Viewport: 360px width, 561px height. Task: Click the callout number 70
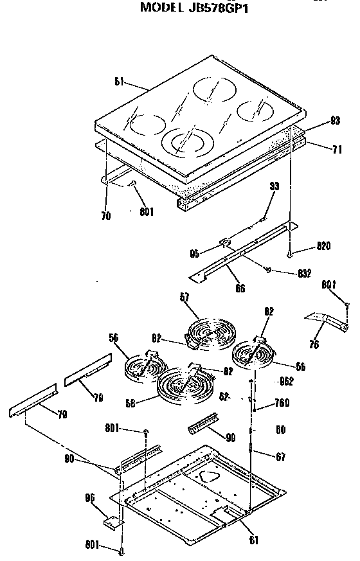point(105,216)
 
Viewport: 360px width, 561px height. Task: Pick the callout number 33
point(274,187)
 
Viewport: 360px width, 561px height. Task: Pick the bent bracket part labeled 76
point(328,321)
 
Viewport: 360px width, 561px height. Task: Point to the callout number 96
point(89,497)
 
